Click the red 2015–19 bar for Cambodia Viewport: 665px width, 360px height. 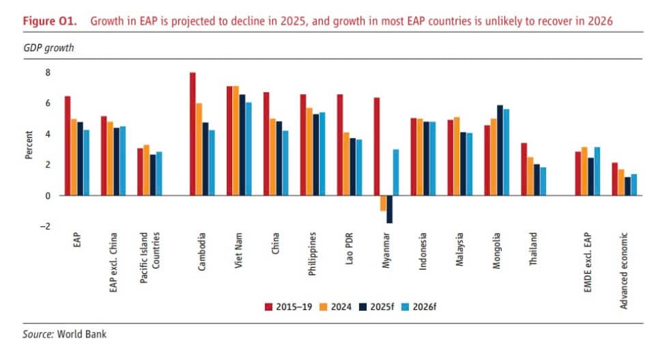(193, 134)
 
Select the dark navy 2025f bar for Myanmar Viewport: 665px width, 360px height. (389, 209)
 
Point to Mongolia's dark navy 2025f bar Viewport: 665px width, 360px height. (500, 150)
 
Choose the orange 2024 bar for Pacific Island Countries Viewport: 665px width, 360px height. (145, 170)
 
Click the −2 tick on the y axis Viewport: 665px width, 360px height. (46, 226)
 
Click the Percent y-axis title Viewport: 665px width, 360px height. (29, 146)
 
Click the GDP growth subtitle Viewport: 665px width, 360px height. (48, 49)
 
